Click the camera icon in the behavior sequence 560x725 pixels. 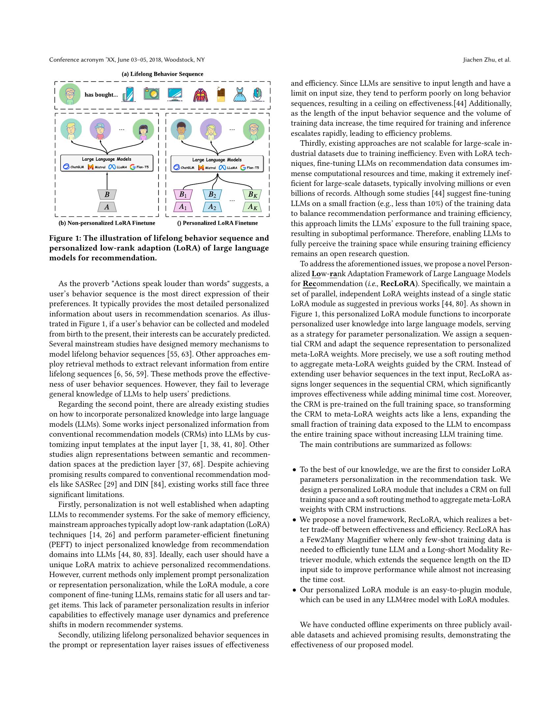152,94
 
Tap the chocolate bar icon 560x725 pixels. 221,94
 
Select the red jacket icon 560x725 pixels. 200,95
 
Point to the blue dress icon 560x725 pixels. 239,95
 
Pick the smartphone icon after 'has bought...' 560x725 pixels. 129,94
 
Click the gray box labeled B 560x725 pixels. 107,194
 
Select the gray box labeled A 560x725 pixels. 107,207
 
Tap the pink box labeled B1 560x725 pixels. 183,194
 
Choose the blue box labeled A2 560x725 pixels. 212,207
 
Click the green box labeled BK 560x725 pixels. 252,194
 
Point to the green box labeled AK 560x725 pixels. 252,207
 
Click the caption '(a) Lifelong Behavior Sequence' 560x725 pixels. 162,74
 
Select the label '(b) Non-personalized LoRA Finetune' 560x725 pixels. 107,223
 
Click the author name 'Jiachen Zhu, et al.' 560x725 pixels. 487,60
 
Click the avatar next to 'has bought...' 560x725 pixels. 70,94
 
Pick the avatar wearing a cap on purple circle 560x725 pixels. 100,130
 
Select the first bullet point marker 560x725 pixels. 294,470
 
